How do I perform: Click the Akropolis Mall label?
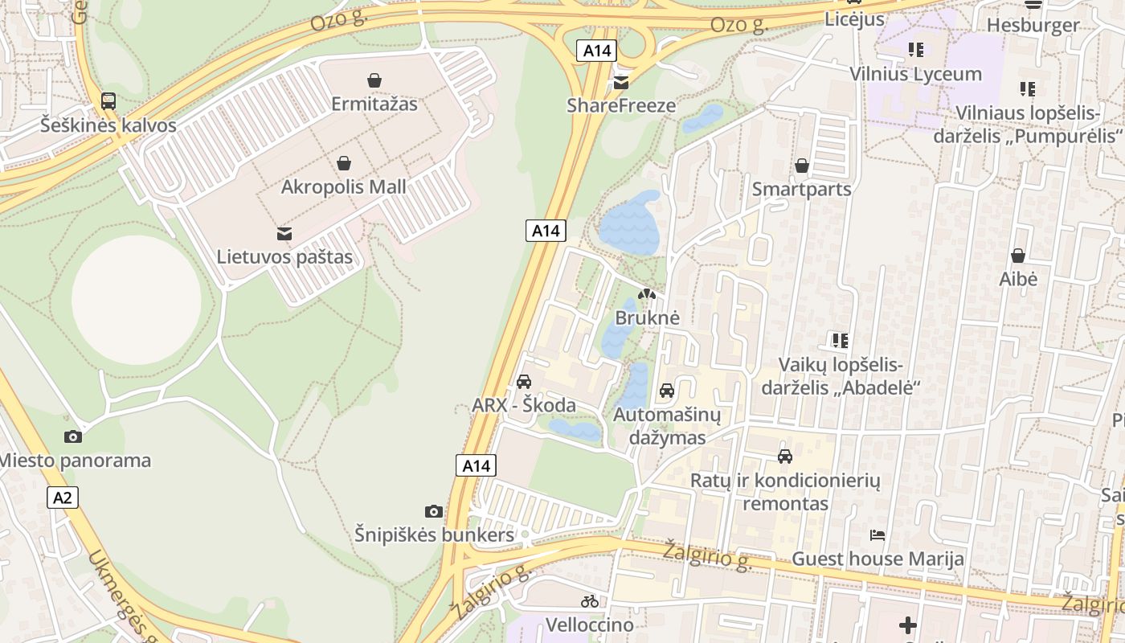(x=343, y=187)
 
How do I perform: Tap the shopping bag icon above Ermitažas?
(x=374, y=80)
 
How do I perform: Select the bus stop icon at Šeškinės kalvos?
(x=108, y=101)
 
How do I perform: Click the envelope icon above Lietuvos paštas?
(x=284, y=233)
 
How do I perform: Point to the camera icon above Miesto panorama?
(x=73, y=436)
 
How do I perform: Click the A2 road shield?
(x=63, y=498)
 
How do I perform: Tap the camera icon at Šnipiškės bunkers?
(x=433, y=511)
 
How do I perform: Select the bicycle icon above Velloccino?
(x=589, y=600)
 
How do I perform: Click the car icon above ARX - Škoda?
(x=524, y=381)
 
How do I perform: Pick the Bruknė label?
(x=647, y=317)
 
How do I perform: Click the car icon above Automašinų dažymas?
(x=666, y=391)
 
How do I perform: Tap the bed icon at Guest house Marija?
(x=877, y=534)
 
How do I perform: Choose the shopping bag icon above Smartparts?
(x=801, y=166)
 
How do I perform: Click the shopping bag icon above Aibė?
(x=1017, y=256)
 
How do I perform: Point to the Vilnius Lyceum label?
(x=915, y=74)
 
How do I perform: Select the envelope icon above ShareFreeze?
(x=621, y=82)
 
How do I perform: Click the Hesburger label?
(x=1033, y=25)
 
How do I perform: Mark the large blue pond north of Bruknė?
(x=629, y=223)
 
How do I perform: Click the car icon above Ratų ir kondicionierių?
(x=785, y=457)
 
